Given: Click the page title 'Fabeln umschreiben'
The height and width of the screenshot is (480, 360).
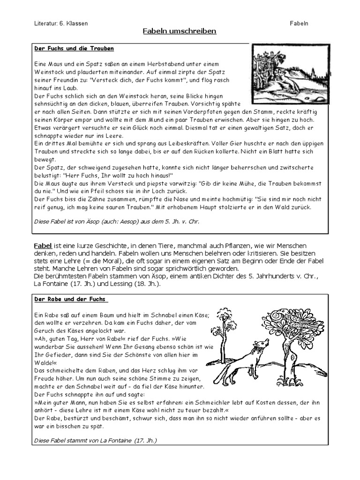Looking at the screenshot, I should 180,31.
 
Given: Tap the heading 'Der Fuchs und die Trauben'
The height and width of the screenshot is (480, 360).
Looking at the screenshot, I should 74,49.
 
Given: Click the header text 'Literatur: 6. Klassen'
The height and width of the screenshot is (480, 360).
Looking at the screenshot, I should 61,23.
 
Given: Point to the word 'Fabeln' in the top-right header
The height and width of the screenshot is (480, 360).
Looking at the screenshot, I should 299,23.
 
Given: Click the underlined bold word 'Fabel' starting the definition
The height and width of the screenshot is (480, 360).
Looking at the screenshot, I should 43,246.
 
